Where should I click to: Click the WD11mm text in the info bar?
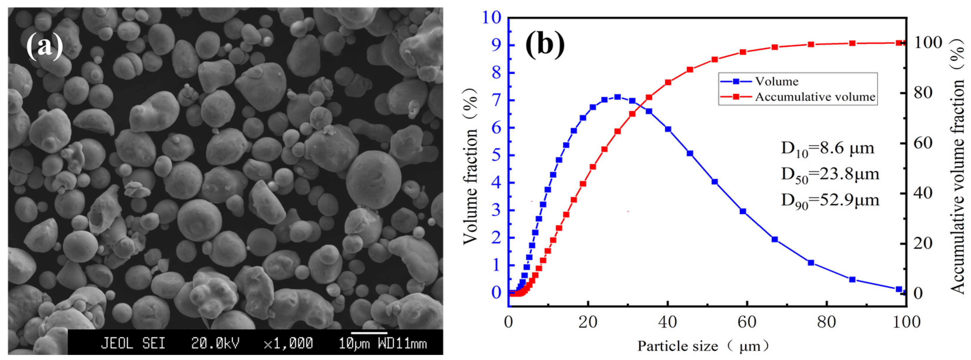point(403,344)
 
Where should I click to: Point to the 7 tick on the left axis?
point(497,100)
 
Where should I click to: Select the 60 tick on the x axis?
point(747,322)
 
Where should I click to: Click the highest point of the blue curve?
point(617,97)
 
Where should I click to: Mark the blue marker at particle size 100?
point(899,289)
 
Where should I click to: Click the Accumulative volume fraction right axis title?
point(957,166)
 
